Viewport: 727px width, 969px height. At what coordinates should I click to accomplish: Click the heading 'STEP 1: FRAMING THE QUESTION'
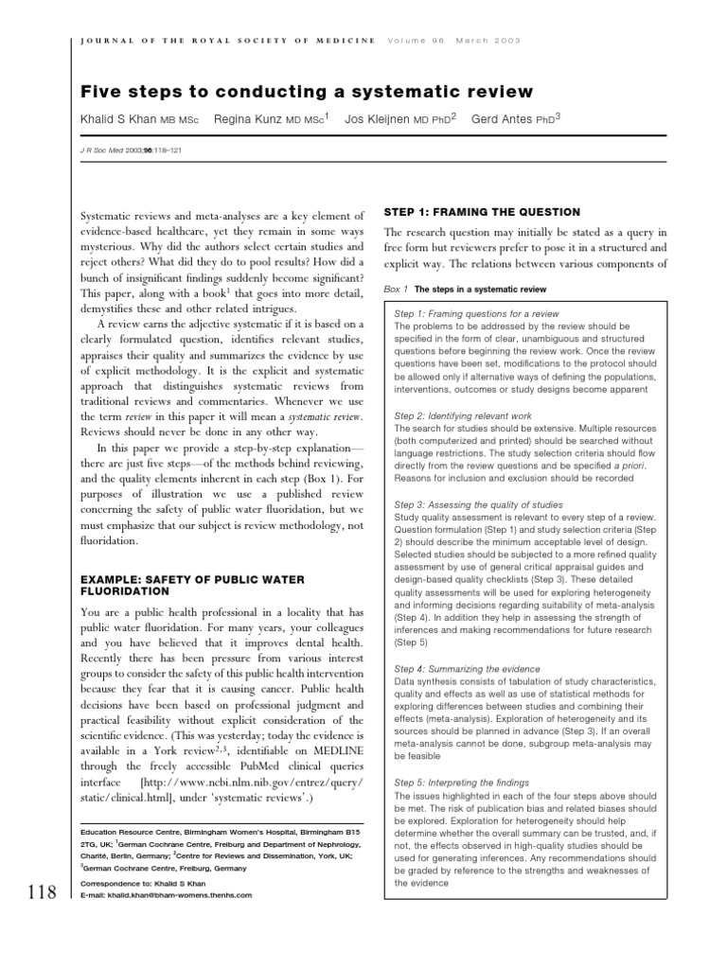(x=481, y=212)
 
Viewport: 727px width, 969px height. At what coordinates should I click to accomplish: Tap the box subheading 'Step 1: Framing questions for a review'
(x=476, y=313)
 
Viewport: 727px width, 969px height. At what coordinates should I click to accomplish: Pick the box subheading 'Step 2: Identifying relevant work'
(x=463, y=415)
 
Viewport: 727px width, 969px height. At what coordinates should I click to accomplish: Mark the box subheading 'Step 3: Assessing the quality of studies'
(x=478, y=505)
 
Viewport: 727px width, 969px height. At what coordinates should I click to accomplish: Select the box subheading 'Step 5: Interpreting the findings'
(x=462, y=783)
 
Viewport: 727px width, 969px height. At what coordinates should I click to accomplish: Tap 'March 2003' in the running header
(x=488, y=41)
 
